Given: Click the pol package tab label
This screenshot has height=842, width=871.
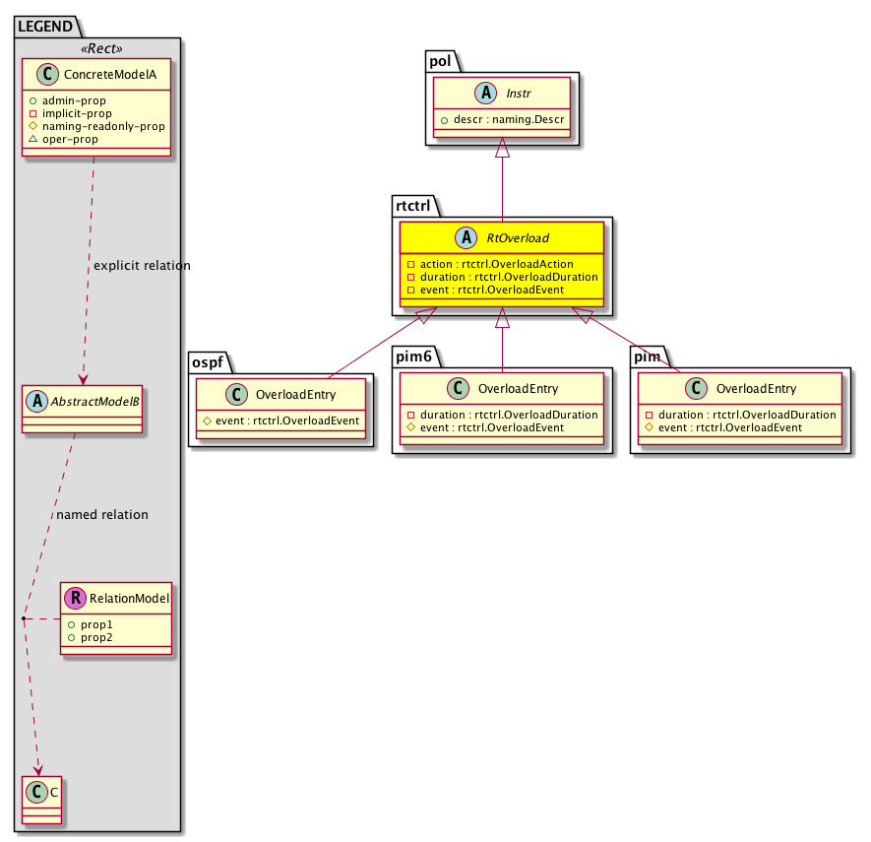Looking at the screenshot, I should [440, 61].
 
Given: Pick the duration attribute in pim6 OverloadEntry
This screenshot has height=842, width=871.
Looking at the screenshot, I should [506, 415].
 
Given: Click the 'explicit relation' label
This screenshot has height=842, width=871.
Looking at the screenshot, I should [142, 266].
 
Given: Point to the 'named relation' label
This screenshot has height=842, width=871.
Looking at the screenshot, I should [102, 514].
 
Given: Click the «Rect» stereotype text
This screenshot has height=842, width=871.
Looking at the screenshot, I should [96, 48].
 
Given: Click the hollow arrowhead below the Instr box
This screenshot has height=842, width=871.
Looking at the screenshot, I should [502, 149].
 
